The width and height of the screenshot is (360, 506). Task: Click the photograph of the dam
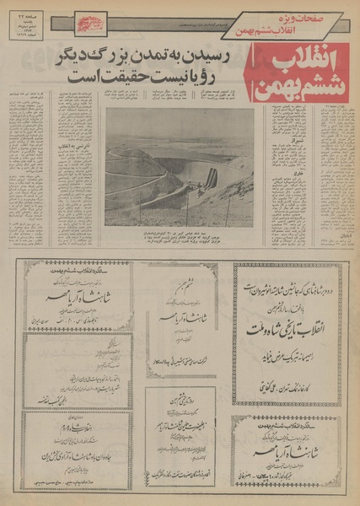[x=180, y=167]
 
